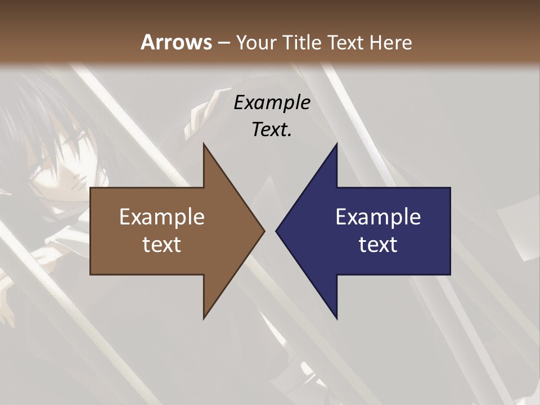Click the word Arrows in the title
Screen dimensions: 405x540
tap(176, 42)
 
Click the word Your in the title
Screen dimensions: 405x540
tap(254, 42)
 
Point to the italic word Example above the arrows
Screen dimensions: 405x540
tap(272, 102)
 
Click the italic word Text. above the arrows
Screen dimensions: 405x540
tap(272, 129)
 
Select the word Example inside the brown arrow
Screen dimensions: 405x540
tap(161, 217)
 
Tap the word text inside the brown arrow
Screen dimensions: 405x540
tap(161, 244)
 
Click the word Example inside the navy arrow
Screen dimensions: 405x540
tap(378, 217)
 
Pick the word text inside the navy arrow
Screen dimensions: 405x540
tap(378, 244)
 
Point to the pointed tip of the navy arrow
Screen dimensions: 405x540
tap(277, 230)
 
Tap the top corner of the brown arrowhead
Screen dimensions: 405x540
tap(204, 144)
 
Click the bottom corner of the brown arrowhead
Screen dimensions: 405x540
tap(204, 318)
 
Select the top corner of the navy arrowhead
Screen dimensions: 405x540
tap(336, 144)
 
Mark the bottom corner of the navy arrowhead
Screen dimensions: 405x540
tap(336, 318)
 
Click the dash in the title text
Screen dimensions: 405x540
tap(223, 43)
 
